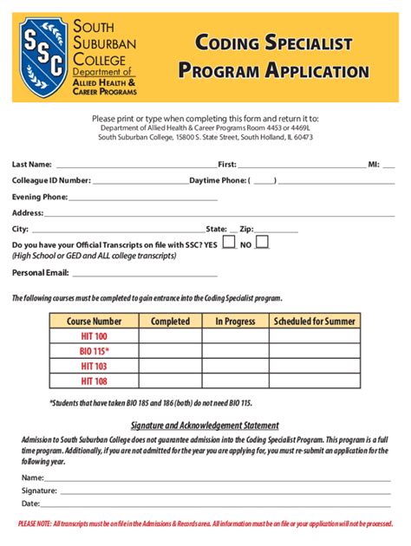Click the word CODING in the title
click(x=229, y=42)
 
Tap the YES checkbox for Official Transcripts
click(x=229, y=243)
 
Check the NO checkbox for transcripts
click(x=262, y=243)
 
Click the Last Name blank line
click(x=134, y=165)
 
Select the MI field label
click(x=374, y=164)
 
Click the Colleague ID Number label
click(x=51, y=180)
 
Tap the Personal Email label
click(x=40, y=272)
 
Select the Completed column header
click(x=170, y=322)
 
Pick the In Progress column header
click(x=235, y=322)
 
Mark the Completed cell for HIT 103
click(x=170, y=366)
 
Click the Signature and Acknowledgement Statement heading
click(x=205, y=426)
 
